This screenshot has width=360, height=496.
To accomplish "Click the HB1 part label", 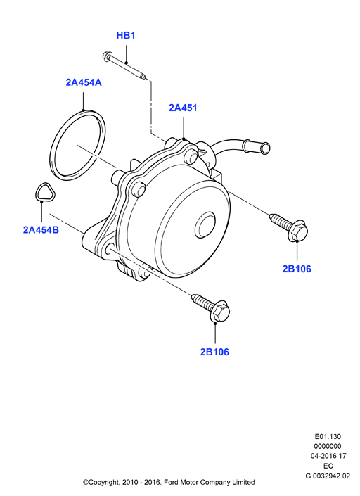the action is coord(126,35).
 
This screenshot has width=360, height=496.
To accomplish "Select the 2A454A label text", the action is coord(84,82).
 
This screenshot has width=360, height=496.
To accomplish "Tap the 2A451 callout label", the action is coord(183,108).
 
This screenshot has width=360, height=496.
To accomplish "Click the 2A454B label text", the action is coord(41,230).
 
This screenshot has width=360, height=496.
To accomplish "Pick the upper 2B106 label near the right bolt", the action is coord(297,269).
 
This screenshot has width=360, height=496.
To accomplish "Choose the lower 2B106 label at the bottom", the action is coord(214,352).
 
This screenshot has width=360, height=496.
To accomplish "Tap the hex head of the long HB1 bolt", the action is coord(105,56).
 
